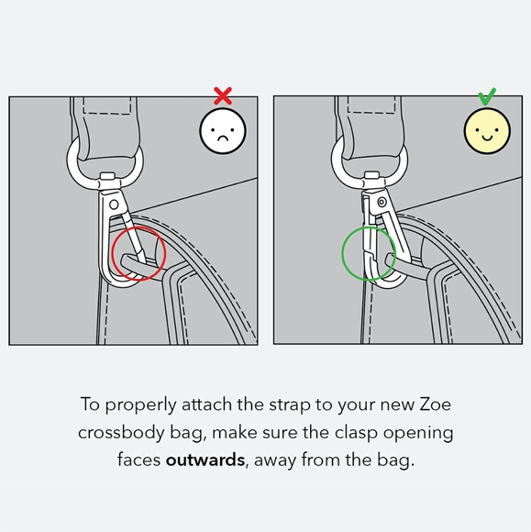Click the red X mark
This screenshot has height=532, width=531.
221,94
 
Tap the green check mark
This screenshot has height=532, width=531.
488,95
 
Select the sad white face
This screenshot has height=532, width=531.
223,133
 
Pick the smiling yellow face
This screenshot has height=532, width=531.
488,132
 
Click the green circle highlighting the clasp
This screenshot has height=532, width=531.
369,253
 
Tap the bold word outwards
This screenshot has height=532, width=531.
205,460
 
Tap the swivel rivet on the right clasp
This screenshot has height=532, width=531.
375,200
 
